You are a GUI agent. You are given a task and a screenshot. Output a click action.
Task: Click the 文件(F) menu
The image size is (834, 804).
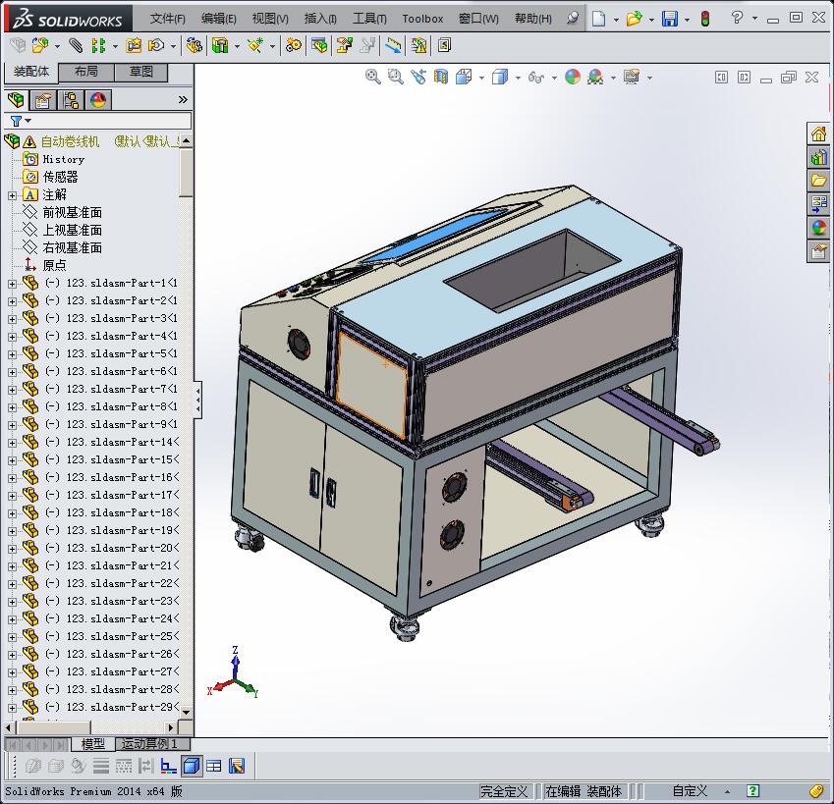tap(168, 19)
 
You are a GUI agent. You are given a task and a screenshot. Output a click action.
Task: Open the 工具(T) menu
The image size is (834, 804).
tap(368, 19)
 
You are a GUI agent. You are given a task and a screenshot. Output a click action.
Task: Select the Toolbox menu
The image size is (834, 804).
tap(422, 19)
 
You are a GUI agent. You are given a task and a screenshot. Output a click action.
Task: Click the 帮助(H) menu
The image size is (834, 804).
tap(532, 19)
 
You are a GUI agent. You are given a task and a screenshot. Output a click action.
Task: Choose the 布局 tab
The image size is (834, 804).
tap(86, 72)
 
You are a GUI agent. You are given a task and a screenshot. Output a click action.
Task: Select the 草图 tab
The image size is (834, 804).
tap(140, 72)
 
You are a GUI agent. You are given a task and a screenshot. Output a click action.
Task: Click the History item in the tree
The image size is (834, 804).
tap(63, 159)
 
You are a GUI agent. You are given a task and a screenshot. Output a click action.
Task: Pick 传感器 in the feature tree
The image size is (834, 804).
tap(60, 177)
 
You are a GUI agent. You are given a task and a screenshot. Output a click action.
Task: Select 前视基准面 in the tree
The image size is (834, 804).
tap(72, 212)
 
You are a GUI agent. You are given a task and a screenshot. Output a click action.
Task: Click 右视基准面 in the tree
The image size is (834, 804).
tap(72, 247)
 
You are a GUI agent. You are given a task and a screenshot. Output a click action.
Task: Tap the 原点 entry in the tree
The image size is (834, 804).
tap(54, 265)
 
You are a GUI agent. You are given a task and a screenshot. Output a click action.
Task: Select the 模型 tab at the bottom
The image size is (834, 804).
tap(93, 744)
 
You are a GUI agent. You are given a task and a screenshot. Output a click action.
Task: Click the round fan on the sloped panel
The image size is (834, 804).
tap(299, 344)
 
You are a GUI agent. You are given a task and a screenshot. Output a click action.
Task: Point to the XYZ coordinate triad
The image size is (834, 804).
tap(235, 676)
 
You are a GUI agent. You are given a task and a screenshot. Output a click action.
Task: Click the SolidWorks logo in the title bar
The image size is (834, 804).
tap(69, 19)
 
